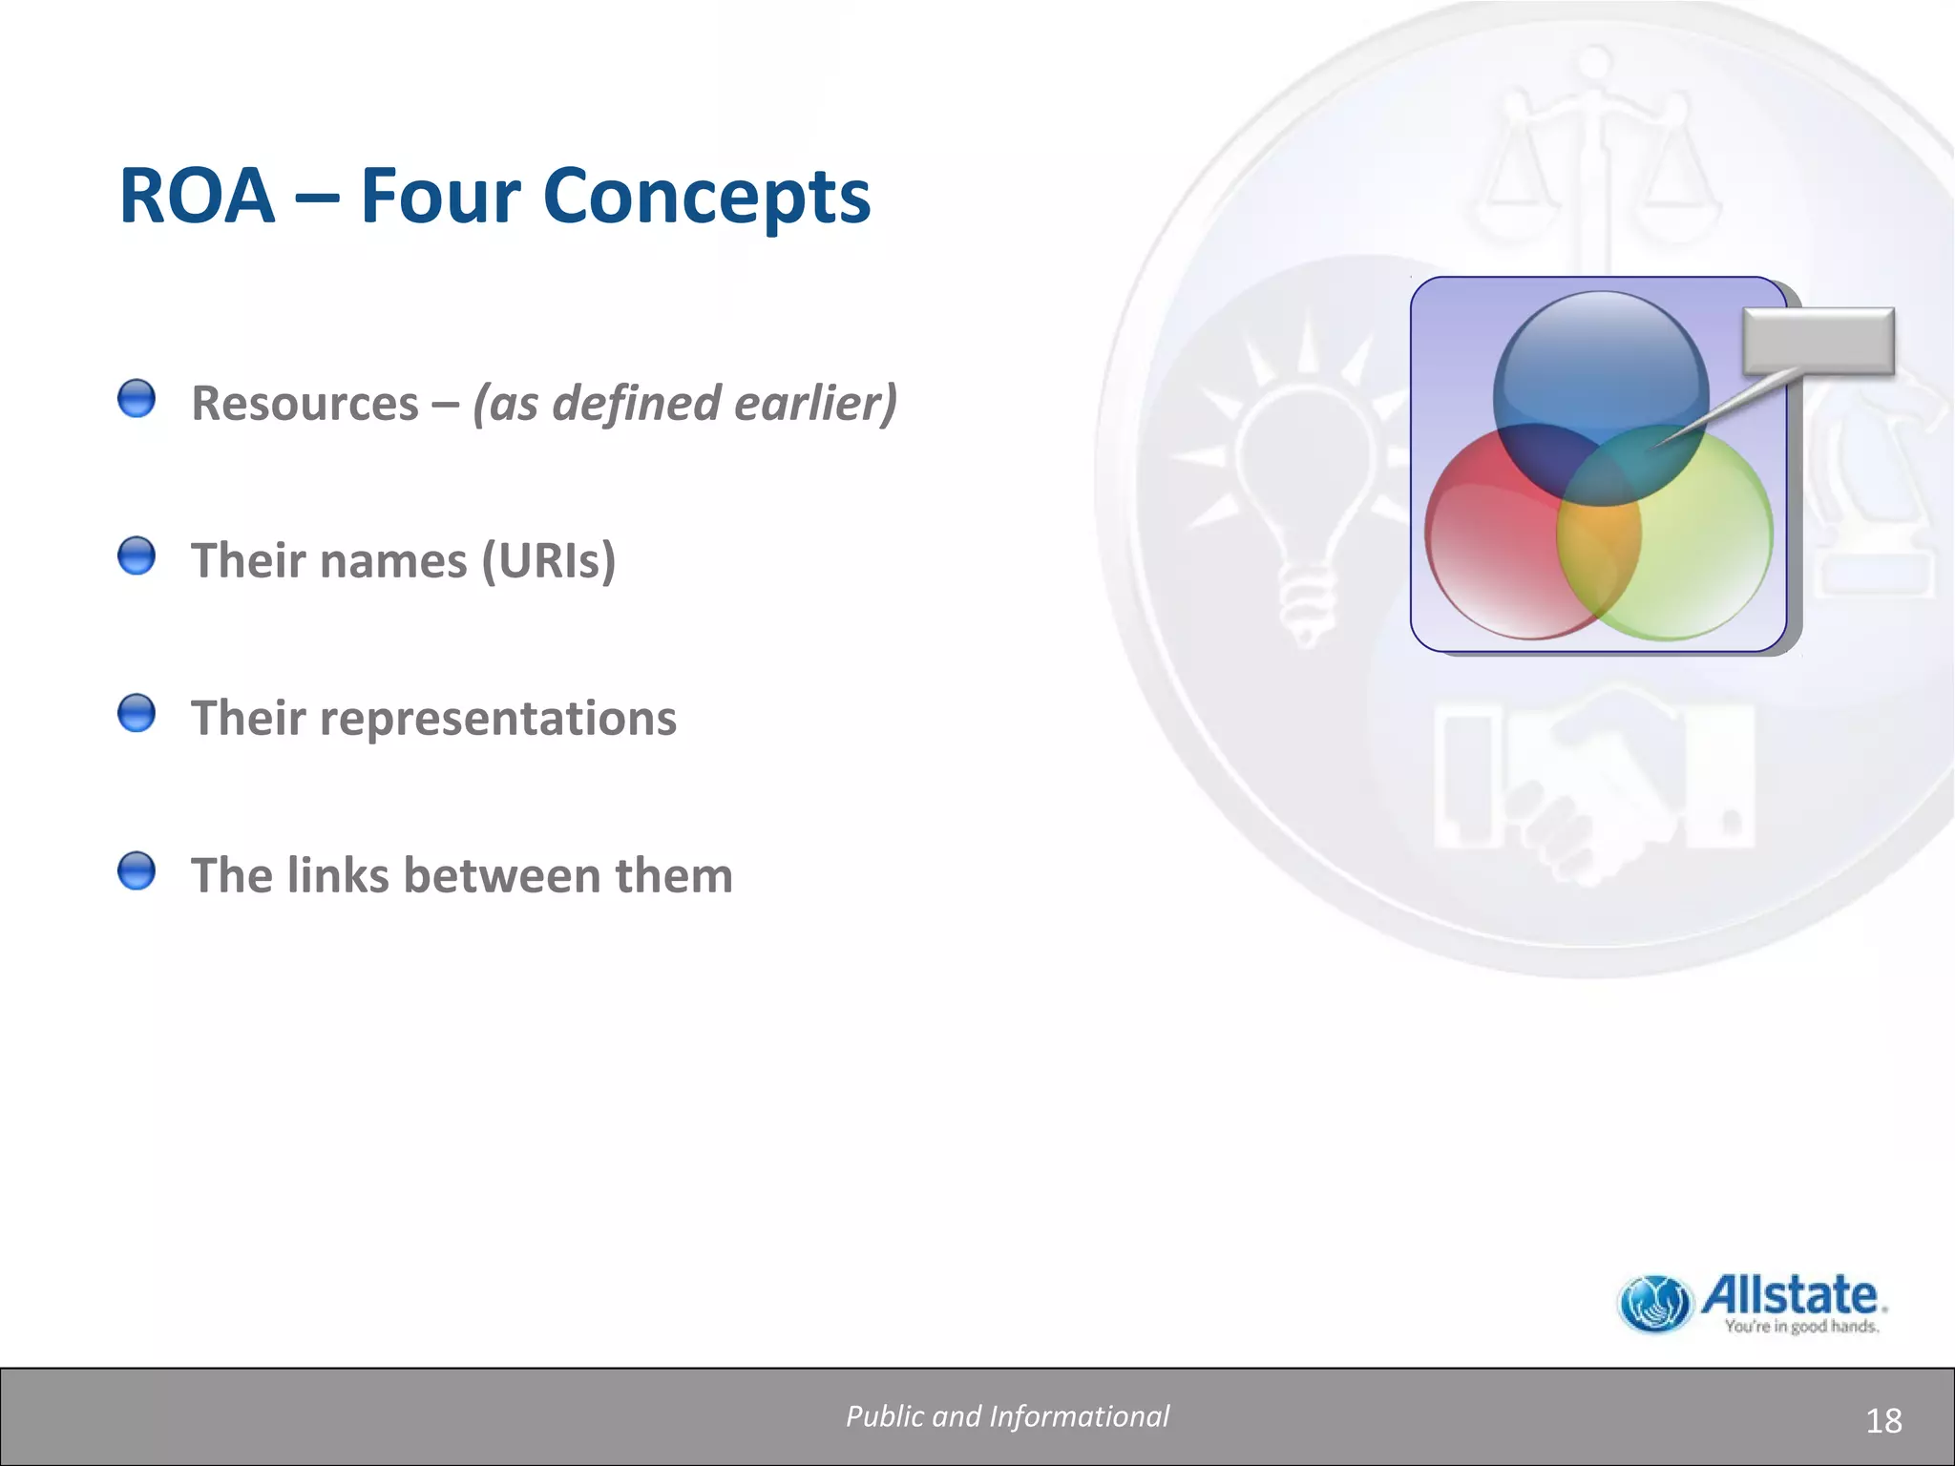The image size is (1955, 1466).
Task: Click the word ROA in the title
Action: click(197, 197)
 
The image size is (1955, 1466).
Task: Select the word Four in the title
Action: click(441, 197)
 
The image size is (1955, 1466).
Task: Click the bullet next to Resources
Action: click(137, 399)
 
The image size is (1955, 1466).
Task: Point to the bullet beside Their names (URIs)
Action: click(137, 555)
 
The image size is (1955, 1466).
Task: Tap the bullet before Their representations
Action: click(137, 713)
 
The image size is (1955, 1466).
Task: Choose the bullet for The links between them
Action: click(137, 870)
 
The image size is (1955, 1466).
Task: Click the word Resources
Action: click(305, 403)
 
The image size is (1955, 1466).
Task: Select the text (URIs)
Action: click(549, 560)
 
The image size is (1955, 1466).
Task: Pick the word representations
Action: click(497, 718)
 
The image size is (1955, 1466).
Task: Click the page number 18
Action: click(1882, 1421)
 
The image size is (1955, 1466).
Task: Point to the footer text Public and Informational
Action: click(1007, 1416)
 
